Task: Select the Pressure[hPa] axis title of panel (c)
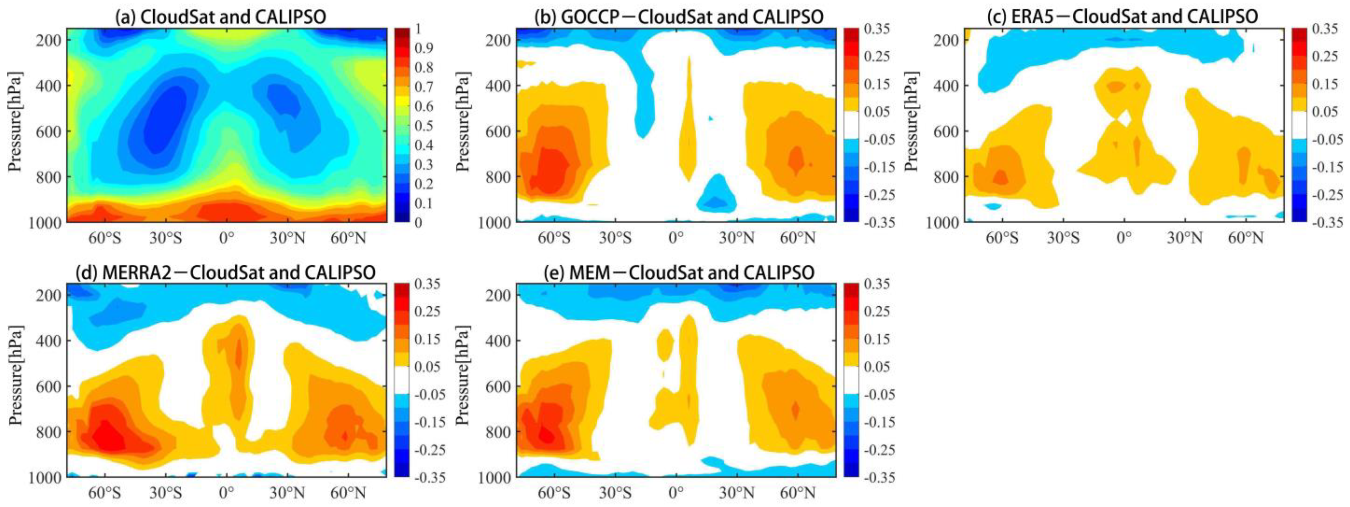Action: [x=913, y=122]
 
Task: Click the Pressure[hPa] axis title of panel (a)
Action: [x=15, y=122]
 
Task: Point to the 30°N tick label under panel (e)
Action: [x=736, y=493]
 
